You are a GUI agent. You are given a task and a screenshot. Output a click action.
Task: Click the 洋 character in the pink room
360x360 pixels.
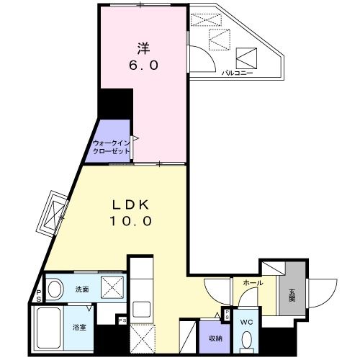pyautogui.click(x=143, y=48)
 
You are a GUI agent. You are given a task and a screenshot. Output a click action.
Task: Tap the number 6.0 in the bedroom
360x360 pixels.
pyautogui.click(x=143, y=65)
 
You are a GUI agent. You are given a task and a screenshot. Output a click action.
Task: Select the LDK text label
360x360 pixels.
pyautogui.click(x=130, y=206)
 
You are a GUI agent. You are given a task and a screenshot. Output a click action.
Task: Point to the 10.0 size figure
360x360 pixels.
pyautogui.click(x=130, y=222)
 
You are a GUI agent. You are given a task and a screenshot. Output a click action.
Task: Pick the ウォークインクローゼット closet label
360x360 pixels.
pyautogui.click(x=111, y=147)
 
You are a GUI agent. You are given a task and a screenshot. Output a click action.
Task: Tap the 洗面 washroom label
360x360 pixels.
pyautogui.click(x=81, y=289)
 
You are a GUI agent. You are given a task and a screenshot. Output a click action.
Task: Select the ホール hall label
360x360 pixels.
pyautogui.click(x=251, y=284)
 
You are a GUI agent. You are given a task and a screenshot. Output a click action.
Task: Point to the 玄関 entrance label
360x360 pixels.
pyautogui.click(x=292, y=295)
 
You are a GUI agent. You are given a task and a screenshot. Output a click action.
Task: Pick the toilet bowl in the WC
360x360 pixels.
pyautogui.click(x=247, y=338)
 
